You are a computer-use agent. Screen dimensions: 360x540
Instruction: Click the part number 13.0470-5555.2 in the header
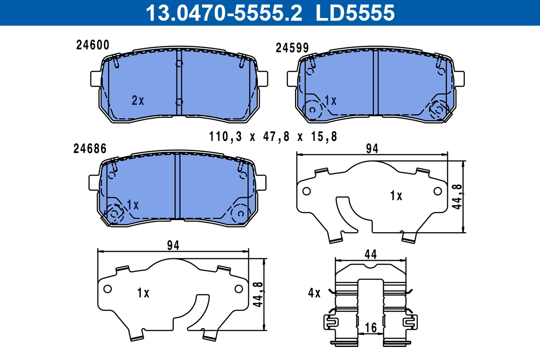coord(223,13)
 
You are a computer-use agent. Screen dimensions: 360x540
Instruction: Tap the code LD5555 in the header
coord(355,13)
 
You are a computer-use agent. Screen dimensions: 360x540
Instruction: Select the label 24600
coord(93,45)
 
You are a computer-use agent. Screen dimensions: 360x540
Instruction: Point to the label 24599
coord(292,48)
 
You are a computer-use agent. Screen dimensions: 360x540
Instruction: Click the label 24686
coord(90,149)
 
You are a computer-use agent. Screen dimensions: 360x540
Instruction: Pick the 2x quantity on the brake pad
coord(138,101)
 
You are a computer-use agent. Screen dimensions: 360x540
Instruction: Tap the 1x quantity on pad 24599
coord(330,101)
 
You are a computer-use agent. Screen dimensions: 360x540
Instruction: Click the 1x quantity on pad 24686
coord(133,205)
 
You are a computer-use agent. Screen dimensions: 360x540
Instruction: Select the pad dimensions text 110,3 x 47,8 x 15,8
coord(273,136)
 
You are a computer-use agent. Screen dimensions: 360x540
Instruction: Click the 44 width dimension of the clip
coord(370,254)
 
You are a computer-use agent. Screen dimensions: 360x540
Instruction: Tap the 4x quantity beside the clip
coord(314,293)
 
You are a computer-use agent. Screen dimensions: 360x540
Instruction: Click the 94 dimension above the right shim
coord(372,149)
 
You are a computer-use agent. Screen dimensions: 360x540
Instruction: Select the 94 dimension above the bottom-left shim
coord(173,245)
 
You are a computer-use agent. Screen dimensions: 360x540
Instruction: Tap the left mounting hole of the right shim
coord(306,191)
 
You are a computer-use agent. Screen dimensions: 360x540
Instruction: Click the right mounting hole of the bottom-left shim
coord(238,288)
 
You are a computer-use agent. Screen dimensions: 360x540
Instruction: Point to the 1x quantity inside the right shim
coord(396,196)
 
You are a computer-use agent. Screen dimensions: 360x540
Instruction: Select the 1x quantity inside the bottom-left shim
coord(143,293)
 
